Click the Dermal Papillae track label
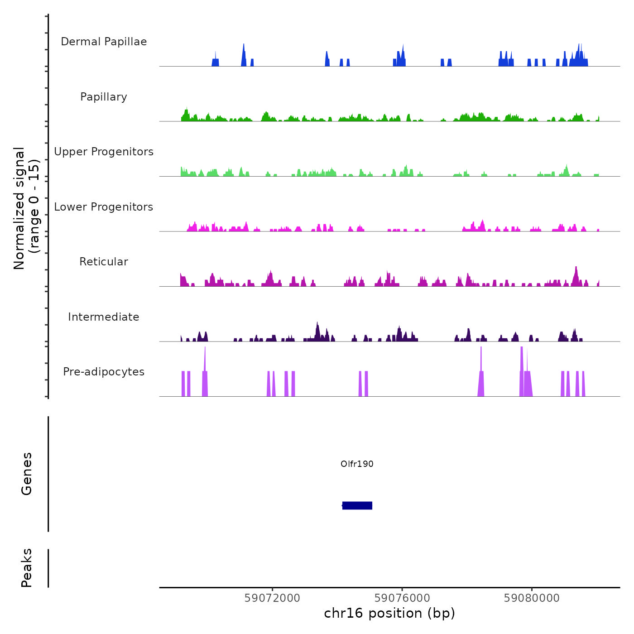(104, 42)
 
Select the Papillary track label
(104, 97)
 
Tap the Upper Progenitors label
(104, 152)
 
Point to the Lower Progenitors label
(104, 207)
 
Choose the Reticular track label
(104, 262)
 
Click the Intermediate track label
(104, 317)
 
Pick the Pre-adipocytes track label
(104, 372)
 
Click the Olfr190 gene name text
(357, 464)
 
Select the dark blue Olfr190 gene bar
(357, 505)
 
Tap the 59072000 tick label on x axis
(272, 598)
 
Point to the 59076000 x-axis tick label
(402, 598)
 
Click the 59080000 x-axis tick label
(532, 598)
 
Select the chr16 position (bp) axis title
(389, 614)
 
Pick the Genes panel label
(27, 474)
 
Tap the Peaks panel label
(27, 568)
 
